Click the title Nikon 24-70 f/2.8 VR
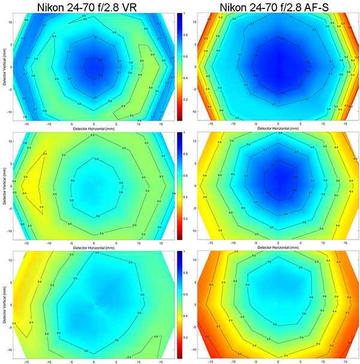(93, 7)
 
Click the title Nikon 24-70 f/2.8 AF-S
(277, 7)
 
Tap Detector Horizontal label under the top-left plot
(93, 127)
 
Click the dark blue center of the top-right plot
(277, 63)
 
